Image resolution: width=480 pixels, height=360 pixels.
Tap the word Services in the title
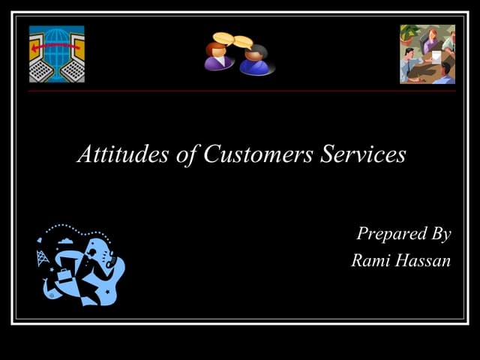(363, 154)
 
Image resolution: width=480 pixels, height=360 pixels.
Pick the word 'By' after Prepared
(439, 235)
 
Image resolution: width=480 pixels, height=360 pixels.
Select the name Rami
(370, 261)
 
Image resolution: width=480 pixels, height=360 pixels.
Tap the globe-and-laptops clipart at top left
(57, 54)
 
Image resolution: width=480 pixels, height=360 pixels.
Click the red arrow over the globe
(56, 45)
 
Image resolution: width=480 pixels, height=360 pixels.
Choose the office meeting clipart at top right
(427, 54)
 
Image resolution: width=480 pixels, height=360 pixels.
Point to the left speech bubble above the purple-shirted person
(223, 37)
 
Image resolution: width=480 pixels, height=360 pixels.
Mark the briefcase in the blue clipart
(66, 275)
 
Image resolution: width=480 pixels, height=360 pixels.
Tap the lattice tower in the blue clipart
(42, 259)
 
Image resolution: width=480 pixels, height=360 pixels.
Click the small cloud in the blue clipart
(66, 241)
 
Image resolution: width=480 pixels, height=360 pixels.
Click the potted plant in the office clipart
(409, 34)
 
